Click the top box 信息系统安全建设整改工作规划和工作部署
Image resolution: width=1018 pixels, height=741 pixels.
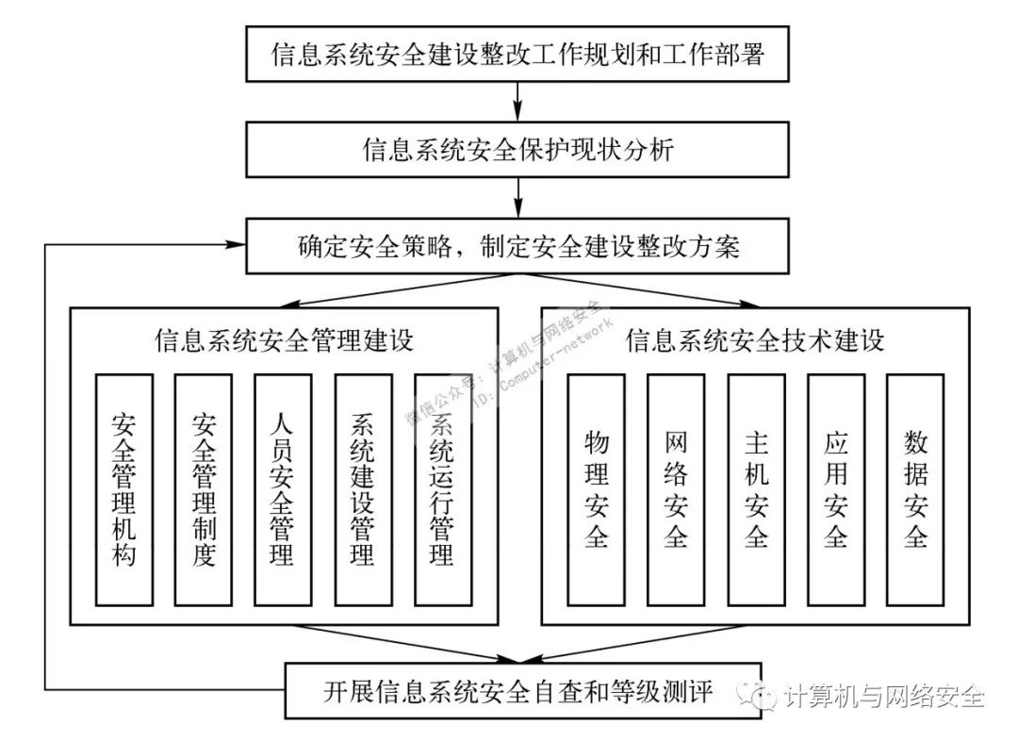tap(517, 55)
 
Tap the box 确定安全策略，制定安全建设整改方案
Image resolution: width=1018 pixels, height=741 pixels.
tap(517, 246)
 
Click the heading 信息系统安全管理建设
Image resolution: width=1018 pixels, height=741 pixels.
tap(284, 340)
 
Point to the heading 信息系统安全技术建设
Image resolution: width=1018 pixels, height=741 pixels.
tap(755, 340)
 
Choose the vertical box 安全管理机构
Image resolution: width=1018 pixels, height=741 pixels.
tap(123, 489)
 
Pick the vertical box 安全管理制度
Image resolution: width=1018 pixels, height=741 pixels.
tap(204, 489)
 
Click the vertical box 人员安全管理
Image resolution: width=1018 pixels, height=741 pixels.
tap(283, 489)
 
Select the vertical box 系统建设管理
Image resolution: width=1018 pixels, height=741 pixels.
tap(363, 489)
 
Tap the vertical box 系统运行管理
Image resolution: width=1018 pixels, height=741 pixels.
tap(442, 489)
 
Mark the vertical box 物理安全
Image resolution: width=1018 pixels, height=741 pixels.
tap(596, 489)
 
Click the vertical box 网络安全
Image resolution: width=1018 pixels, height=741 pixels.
tap(676, 489)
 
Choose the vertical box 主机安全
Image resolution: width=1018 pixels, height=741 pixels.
tap(756, 489)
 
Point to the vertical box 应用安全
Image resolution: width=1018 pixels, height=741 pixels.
tap(836, 489)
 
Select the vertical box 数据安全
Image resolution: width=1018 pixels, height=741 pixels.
tap(915, 489)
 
